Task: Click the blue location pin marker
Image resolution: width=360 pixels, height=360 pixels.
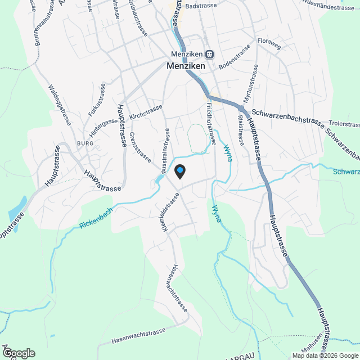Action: click(180, 170)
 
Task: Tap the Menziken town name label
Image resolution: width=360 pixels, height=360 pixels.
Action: click(186, 65)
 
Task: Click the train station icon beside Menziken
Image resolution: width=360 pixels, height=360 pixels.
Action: click(209, 55)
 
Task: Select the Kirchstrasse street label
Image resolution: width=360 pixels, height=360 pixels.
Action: click(146, 111)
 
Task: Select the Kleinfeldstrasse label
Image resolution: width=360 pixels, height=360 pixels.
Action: click(169, 213)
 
